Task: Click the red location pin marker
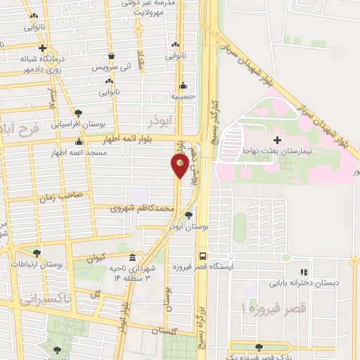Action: (180, 165)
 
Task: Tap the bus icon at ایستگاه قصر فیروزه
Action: (202, 257)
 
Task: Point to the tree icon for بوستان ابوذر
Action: (188, 216)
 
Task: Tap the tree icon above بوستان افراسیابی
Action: (78, 112)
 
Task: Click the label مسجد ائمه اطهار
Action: (78, 153)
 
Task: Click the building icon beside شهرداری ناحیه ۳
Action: (134, 257)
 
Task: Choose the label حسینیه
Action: (184, 95)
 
